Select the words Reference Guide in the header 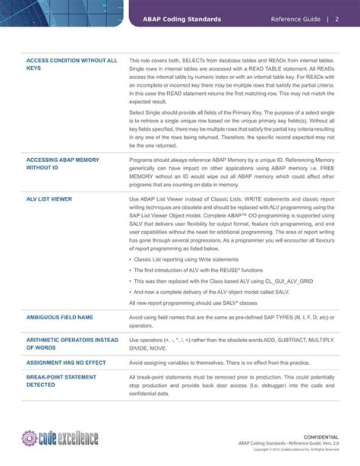coord(295,19)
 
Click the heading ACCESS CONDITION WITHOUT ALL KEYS coord(72,64)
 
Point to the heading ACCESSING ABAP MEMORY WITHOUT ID coord(62,165)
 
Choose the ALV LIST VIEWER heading coord(49,198)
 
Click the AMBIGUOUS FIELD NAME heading coord(61,317)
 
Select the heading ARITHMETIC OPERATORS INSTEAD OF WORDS coord(72,344)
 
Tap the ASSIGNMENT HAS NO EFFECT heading coord(66,364)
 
